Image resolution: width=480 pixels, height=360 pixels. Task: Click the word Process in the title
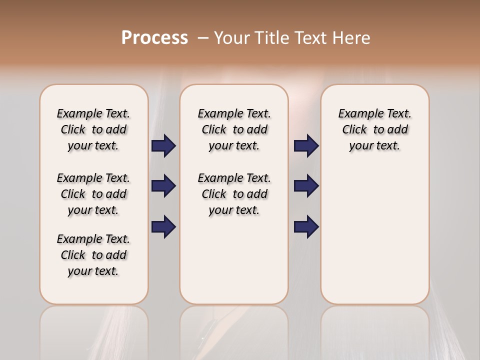[x=154, y=38]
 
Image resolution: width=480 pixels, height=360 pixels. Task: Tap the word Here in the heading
[x=352, y=38]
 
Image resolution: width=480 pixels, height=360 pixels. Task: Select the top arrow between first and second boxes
[x=163, y=146]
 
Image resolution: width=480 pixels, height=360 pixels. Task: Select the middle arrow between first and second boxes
[x=163, y=186]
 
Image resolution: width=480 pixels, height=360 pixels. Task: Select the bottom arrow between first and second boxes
[x=163, y=227]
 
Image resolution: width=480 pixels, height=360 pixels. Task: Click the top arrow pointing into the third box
[x=306, y=146]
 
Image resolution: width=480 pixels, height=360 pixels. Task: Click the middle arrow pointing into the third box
[x=306, y=186]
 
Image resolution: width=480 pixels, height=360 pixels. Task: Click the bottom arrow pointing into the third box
[x=306, y=227]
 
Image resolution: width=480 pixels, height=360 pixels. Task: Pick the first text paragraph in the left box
[x=93, y=129]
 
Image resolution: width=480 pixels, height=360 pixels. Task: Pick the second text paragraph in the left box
[x=93, y=194]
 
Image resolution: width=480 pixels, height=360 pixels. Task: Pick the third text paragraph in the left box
[x=93, y=255]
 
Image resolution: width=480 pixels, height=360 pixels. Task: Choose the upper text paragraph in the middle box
[x=234, y=129]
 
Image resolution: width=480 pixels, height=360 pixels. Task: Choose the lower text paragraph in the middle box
[x=234, y=194]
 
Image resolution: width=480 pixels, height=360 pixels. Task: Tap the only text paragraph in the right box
[x=374, y=129]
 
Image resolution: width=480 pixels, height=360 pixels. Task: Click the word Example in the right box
[x=356, y=114]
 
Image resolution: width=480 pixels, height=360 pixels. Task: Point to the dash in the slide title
[x=203, y=38]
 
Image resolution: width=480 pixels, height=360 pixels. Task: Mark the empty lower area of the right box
[x=374, y=235]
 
